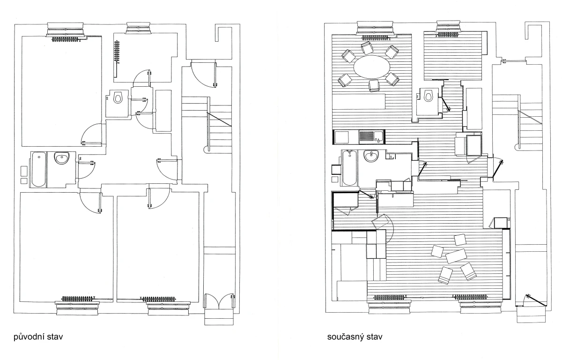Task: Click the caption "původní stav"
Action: tap(38, 337)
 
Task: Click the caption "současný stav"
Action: tap(355, 337)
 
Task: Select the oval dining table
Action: tap(372, 67)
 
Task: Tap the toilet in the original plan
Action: tap(118, 97)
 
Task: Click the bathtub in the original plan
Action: tap(38, 169)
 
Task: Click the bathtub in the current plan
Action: tap(349, 168)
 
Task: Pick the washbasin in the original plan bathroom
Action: tap(61, 158)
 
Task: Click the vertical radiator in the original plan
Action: tap(117, 51)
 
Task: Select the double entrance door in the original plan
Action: tap(220, 301)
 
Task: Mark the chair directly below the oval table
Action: tap(374, 85)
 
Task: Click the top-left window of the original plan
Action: tap(65, 29)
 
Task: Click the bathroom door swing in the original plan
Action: tap(86, 170)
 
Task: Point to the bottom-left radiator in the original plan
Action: tap(79, 299)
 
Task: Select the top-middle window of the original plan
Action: tap(139, 28)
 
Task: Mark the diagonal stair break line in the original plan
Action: tap(219, 120)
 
